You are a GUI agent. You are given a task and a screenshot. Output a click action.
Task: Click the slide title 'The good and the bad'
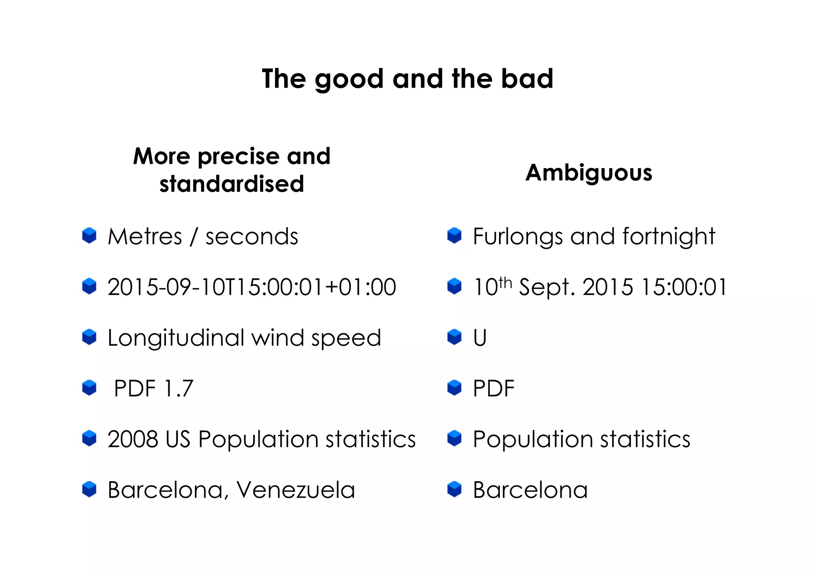point(407,79)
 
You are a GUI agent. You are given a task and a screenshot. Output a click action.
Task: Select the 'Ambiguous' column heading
point(589,173)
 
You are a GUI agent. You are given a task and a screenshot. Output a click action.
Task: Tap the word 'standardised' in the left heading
point(232,184)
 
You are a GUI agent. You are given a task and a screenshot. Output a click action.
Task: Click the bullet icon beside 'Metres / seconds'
point(89,236)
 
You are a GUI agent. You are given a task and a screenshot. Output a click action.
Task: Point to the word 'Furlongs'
point(518,237)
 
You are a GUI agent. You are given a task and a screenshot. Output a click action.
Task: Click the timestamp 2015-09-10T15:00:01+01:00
point(252,287)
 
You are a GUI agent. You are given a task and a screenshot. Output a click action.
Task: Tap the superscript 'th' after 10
point(505,282)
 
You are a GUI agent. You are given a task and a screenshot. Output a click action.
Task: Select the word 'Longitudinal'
point(175,338)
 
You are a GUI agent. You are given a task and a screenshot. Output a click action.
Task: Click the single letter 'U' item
point(480,338)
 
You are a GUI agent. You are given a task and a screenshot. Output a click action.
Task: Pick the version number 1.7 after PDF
point(178,388)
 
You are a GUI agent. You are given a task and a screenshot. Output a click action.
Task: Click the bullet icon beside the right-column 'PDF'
point(455,388)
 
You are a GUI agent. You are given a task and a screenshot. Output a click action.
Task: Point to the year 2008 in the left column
point(133,439)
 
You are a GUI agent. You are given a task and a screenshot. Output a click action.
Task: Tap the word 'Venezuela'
point(296,490)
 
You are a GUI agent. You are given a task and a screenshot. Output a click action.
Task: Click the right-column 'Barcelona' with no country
point(530,490)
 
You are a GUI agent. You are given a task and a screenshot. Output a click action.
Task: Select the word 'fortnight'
point(669,237)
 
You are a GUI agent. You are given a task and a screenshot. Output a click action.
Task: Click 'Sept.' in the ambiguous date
point(547,287)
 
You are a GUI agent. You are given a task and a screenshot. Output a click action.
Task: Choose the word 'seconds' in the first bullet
point(251,237)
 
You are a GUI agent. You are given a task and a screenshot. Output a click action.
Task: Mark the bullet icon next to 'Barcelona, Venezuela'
point(89,489)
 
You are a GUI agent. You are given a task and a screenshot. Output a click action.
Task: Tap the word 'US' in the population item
point(178,439)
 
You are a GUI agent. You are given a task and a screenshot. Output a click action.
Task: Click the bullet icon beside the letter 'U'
point(455,337)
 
